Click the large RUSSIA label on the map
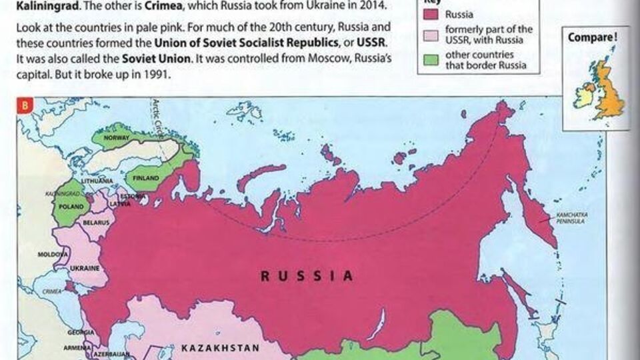tap(306, 275)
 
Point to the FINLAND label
tap(146, 179)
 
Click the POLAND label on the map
tap(69, 206)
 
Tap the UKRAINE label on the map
tap(85, 268)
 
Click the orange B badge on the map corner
tap(25, 106)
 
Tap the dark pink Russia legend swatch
tap(432, 12)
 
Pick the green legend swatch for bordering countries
tap(432, 59)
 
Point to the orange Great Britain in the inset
tap(608, 90)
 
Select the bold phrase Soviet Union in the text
tap(151, 59)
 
